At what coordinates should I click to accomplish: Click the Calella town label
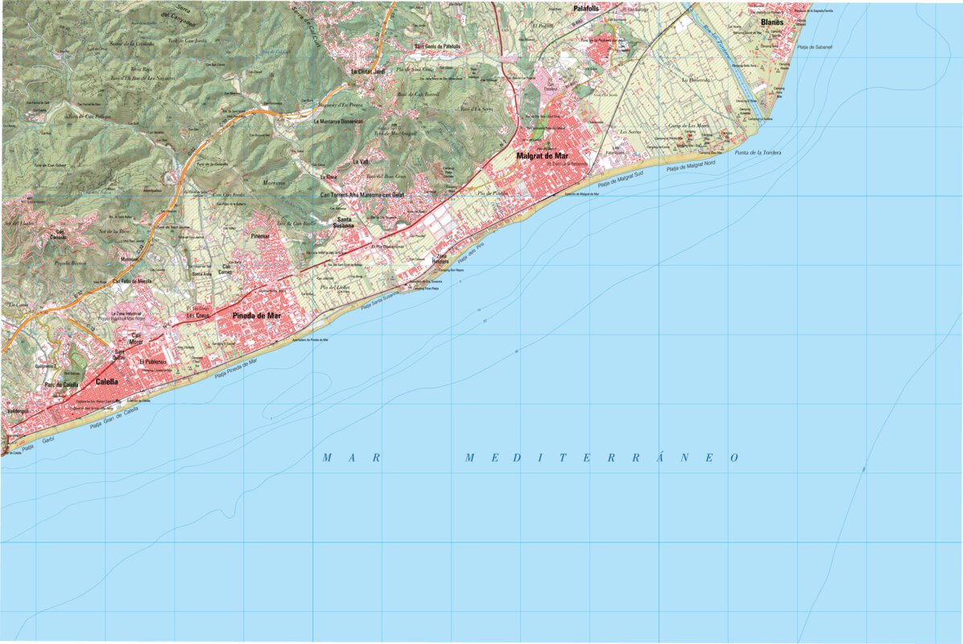(x=106, y=382)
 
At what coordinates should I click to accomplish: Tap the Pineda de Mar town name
(x=257, y=316)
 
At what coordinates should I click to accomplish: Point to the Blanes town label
(x=772, y=23)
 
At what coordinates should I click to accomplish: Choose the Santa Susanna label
(x=345, y=222)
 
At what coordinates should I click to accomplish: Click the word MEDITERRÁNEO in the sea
(x=601, y=458)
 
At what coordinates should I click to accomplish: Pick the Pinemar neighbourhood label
(x=259, y=236)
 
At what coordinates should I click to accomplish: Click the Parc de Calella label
(x=61, y=385)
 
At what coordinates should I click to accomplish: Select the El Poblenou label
(x=152, y=363)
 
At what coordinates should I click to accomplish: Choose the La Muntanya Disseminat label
(x=338, y=122)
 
